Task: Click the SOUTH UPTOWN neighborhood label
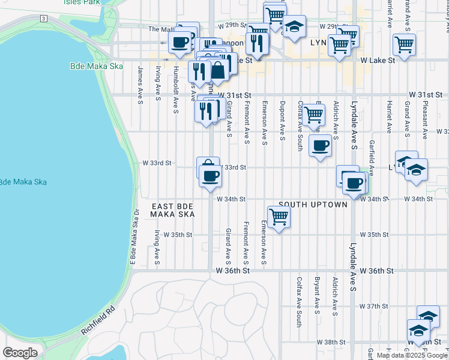pyautogui.click(x=313, y=205)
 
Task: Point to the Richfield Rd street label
pyautogui.click(x=97, y=322)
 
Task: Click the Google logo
pyautogui.click(x=20, y=353)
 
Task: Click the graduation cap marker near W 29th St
pyautogui.click(x=294, y=26)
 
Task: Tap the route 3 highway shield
pyautogui.click(x=44, y=19)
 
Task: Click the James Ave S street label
pyautogui.click(x=140, y=82)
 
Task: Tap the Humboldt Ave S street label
pyautogui.click(x=175, y=97)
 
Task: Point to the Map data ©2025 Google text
pyautogui.click(x=412, y=355)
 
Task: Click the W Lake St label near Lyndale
pyautogui.click(x=378, y=60)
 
